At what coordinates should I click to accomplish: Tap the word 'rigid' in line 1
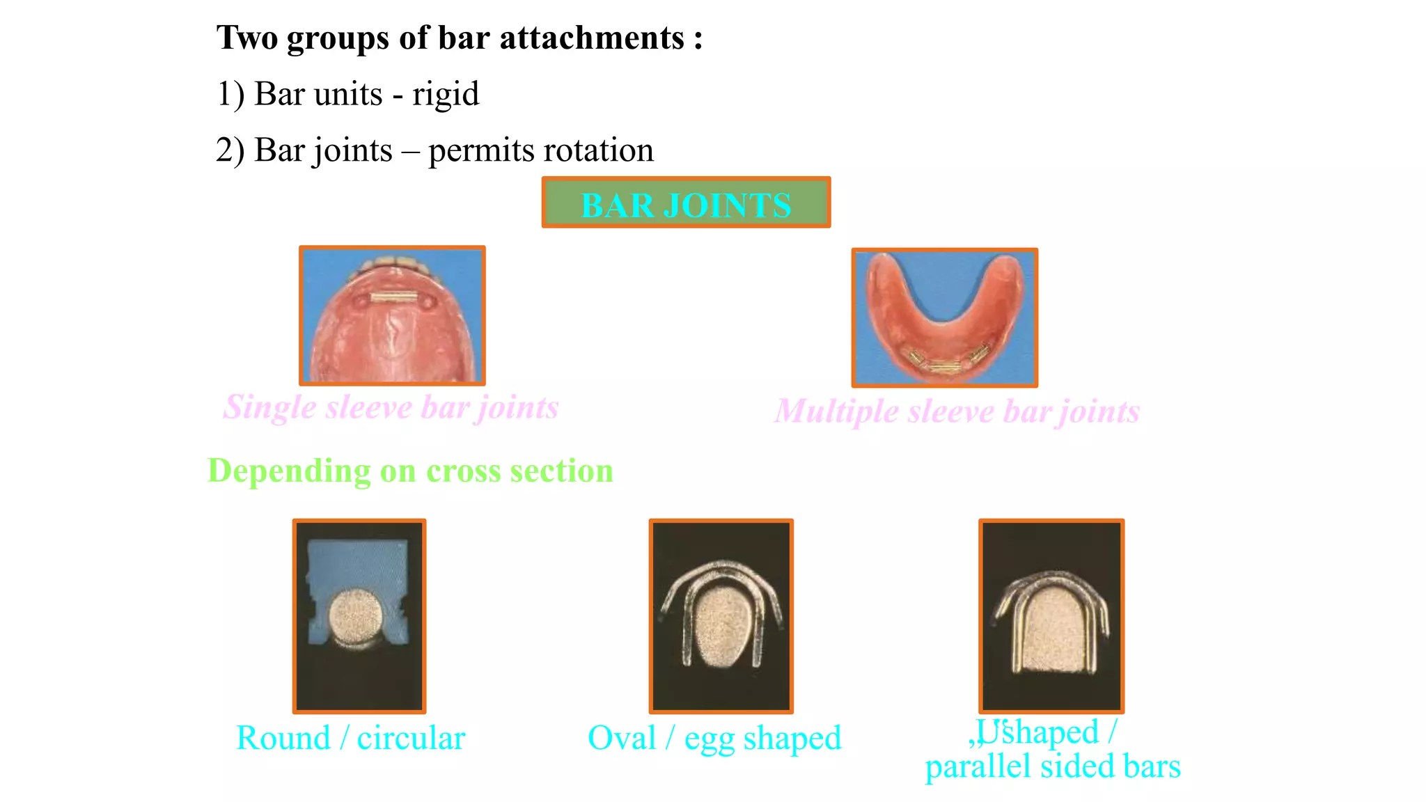click(x=445, y=95)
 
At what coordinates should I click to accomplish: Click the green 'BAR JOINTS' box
click(x=686, y=203)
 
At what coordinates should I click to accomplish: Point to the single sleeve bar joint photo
click(x=392, y=315)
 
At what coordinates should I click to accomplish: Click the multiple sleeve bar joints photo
click(x=944, y=317)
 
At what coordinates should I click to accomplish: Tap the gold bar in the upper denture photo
click(x=393, y=298)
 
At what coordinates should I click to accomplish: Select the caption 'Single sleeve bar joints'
click(x=391, y=407)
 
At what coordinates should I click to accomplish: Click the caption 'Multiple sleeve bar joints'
click(x=957, y=411)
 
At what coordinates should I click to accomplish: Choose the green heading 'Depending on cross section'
click(x=410, y=471)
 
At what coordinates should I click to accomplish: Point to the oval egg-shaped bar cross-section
click(x=721, y=625)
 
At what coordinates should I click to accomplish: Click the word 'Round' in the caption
click(x=283, y=739)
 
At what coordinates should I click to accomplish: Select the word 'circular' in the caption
click(x=411, y=739)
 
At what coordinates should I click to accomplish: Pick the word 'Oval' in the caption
click(x=622, y=739)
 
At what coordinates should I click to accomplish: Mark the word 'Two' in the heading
click(x=248, y=38)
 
